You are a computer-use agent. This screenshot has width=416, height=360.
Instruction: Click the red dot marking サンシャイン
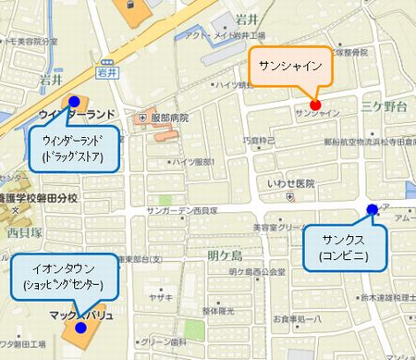315,105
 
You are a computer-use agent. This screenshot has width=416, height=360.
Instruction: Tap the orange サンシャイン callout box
291,67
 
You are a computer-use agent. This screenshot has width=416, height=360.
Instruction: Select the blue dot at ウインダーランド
74,101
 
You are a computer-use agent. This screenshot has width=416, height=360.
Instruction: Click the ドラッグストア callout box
72,149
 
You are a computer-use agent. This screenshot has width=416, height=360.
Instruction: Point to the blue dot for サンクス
372,210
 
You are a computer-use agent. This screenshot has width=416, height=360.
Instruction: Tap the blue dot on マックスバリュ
82,327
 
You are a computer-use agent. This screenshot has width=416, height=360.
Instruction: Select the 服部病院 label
170,118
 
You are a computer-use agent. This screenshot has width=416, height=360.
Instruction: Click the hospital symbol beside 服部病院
142,118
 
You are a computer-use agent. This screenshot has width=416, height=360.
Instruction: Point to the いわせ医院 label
290,183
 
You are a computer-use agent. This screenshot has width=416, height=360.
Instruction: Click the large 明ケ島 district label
224,254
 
